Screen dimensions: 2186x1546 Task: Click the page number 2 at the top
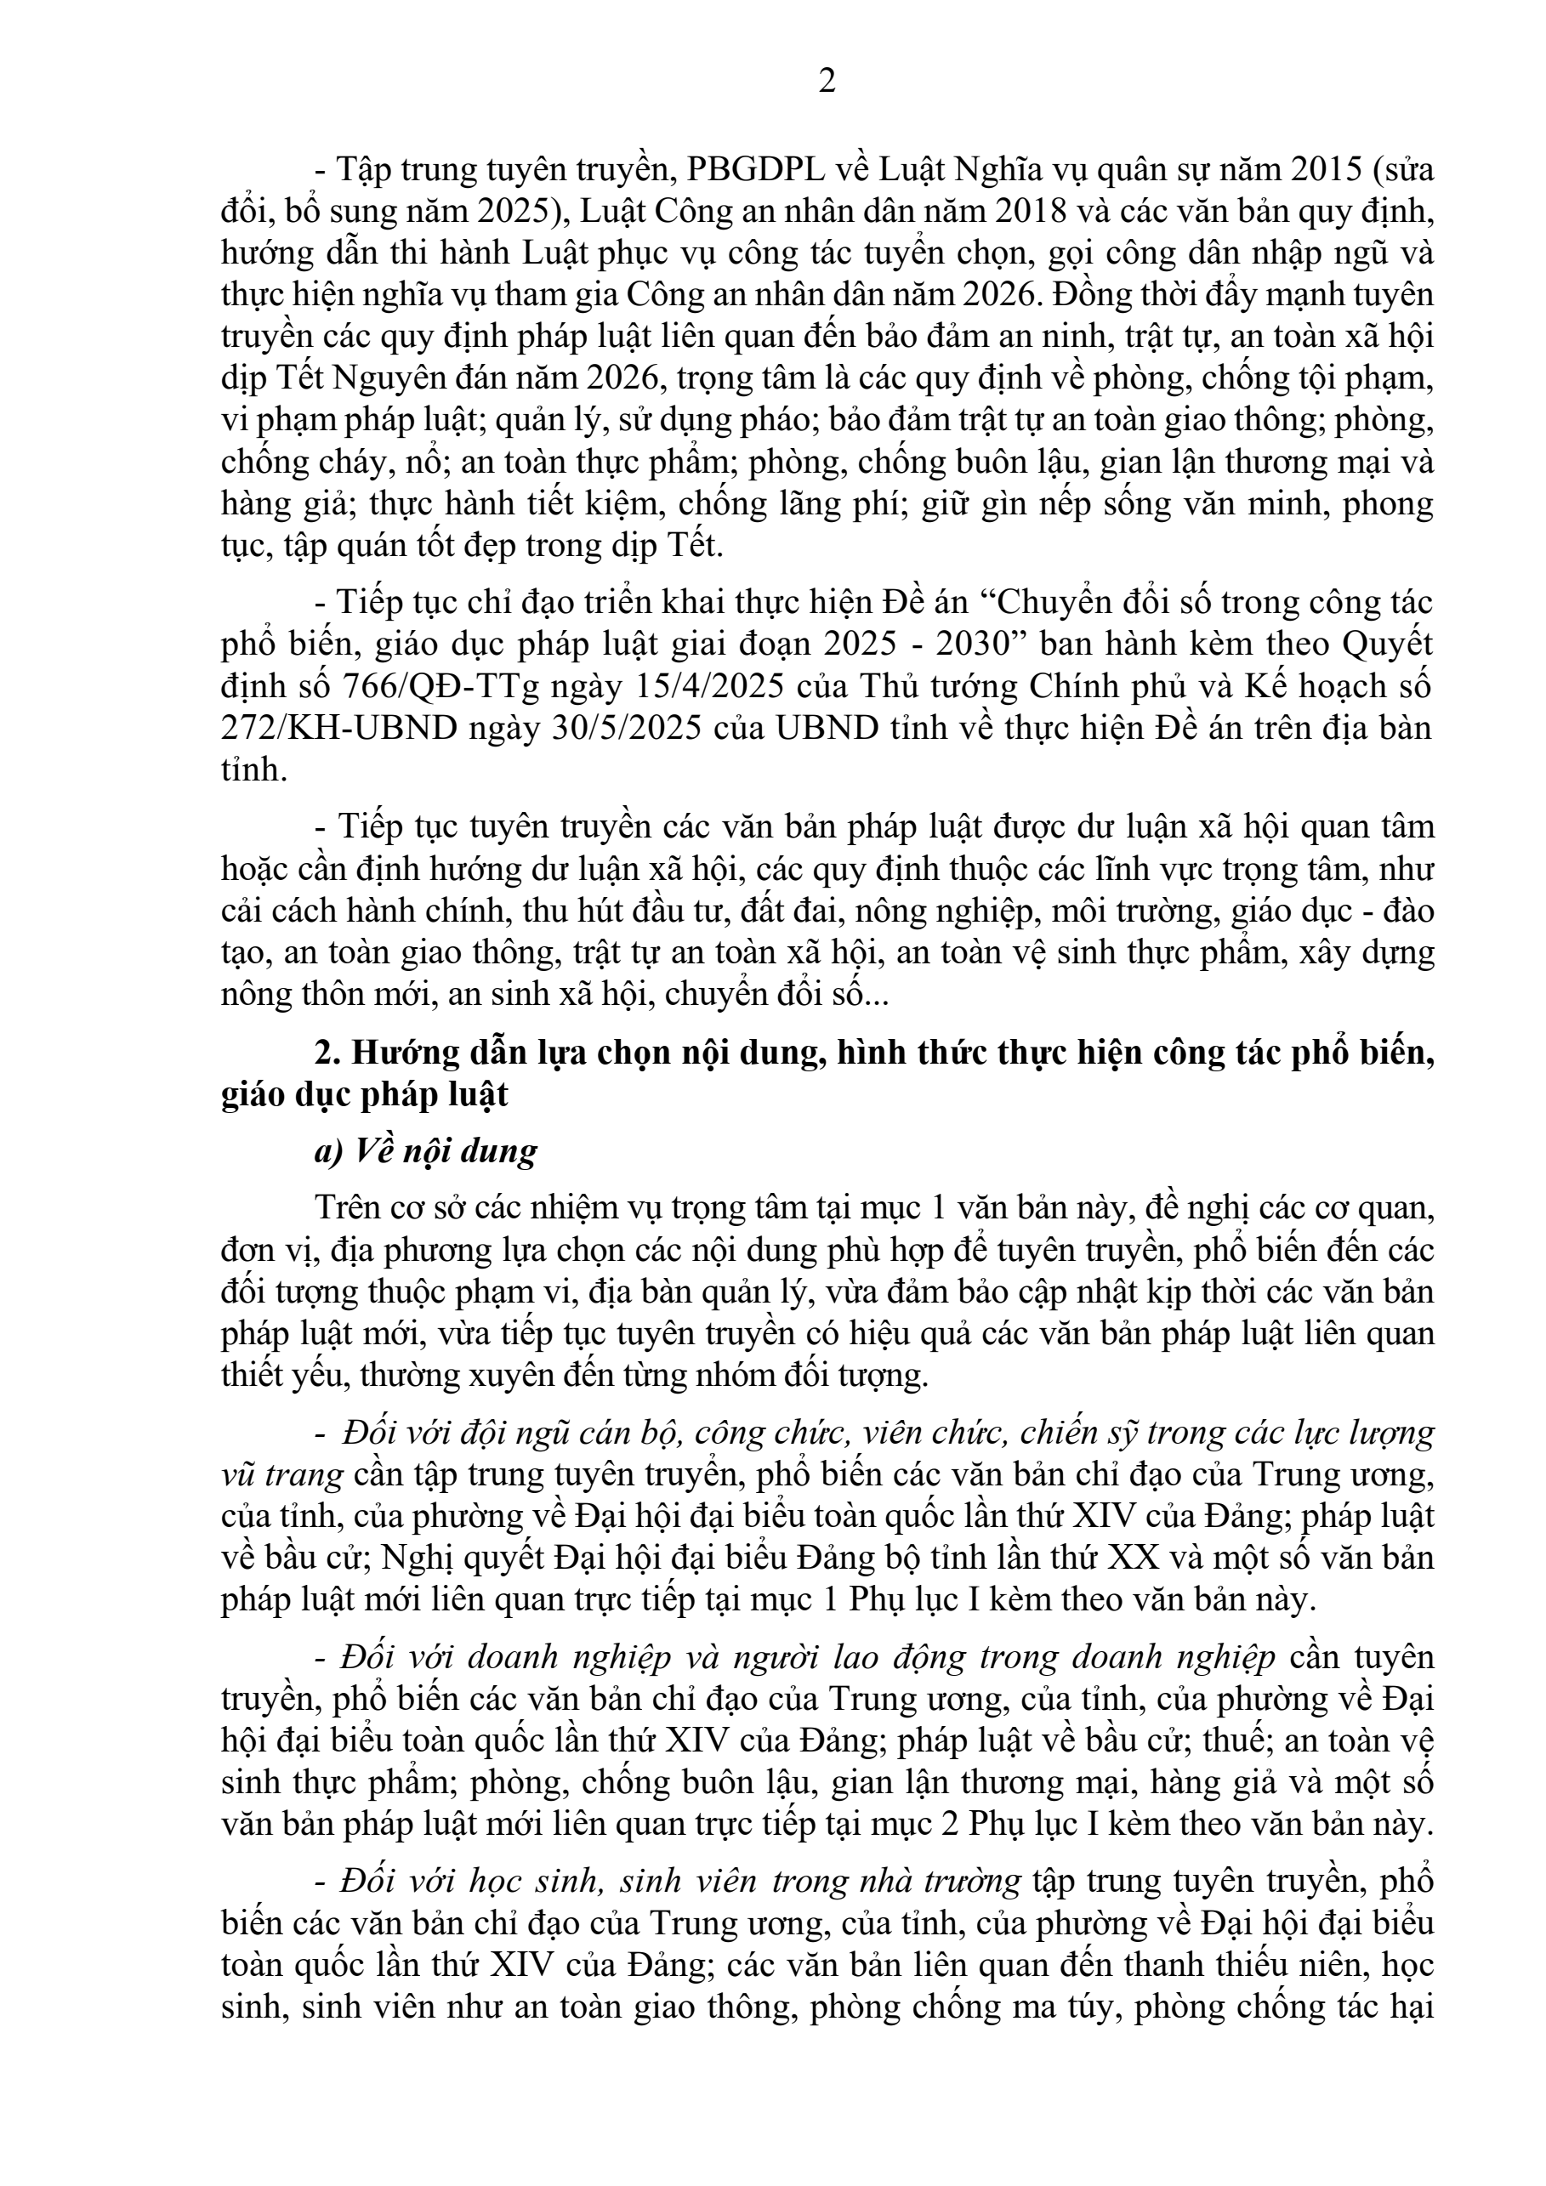(x=827, y=82)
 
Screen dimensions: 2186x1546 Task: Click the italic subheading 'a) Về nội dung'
(x=425, y=1151)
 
